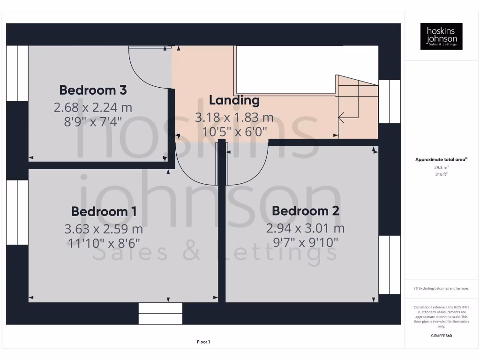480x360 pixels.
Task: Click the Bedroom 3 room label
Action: pos(93,90)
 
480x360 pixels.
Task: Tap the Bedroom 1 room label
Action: pos(104,211)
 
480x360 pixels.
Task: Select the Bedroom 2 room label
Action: pos(305,211)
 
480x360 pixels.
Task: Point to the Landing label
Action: pos(234,100)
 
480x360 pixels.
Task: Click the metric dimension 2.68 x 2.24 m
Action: pos(93,107)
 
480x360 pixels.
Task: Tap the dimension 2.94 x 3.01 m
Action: pos(305,228)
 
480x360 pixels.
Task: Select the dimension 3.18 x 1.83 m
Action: pos(234,117)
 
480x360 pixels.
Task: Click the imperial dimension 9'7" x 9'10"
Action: pos(305,242)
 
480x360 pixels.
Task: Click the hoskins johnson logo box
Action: pos(441,36)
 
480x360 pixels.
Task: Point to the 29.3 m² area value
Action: pos(441,167)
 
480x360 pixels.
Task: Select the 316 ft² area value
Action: pos(441,174)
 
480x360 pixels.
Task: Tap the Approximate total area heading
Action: pos(441,160)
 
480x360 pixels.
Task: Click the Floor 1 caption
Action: pos(203,342)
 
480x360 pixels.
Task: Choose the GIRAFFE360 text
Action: pos(441,336)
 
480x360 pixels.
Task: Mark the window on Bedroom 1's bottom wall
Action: pos(160,313)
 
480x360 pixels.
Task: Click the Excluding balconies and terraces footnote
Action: pos(441,288)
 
